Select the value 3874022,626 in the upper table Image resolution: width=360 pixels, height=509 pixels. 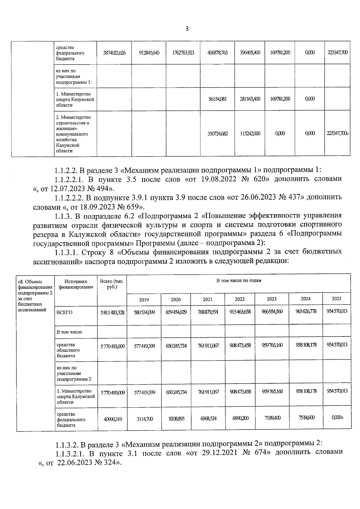[114, 53]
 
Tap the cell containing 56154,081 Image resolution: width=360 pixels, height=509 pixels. [217, 99]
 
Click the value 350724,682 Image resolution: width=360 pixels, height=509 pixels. [217, 134]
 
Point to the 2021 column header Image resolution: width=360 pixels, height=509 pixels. [208, 299]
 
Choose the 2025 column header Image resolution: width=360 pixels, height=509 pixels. [336, 299]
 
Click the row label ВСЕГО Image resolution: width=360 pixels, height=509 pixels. [64, 313]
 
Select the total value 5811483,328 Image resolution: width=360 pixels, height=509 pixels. [112, 313]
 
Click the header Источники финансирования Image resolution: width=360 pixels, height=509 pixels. [76, 284]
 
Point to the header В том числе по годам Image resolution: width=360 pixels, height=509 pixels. [239, 281]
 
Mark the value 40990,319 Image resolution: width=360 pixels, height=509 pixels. [112, 419]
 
